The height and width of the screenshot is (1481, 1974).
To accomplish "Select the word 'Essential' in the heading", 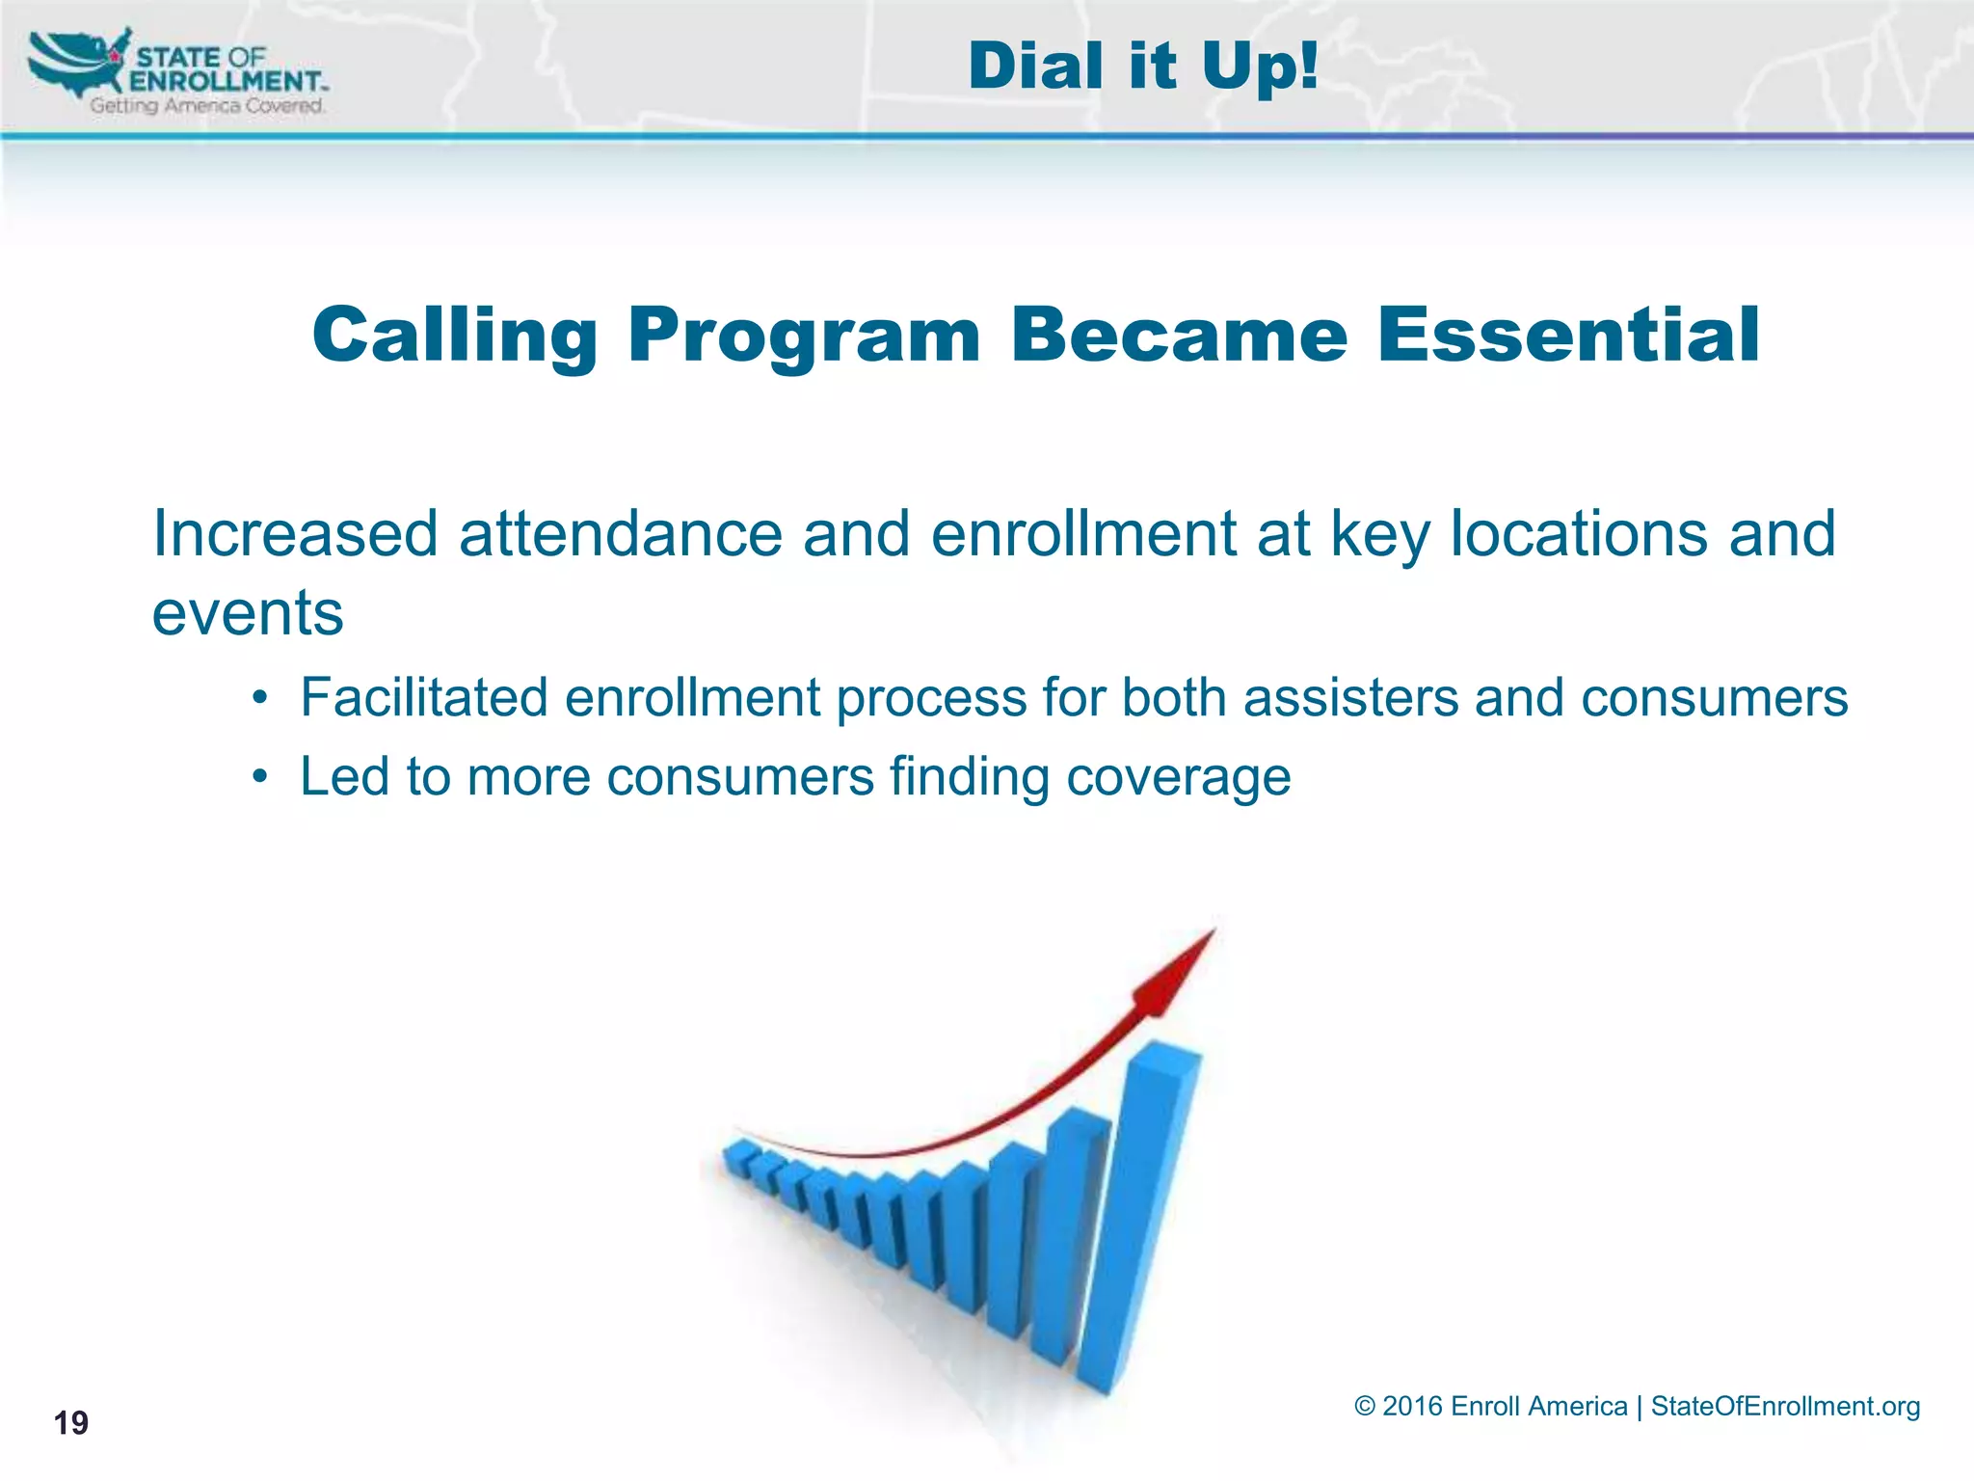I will click(1568, 334).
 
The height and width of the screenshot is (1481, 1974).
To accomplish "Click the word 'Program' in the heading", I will click(804, 336).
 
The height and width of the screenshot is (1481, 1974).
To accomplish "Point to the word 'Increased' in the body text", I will click(295, 533).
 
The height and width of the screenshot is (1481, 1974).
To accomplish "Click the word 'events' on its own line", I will click(248, 613).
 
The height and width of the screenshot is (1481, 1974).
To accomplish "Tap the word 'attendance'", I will click(621, 533).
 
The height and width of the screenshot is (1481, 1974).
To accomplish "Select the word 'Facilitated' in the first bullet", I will click(424, 697).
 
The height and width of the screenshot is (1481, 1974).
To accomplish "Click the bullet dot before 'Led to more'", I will click(258, 777).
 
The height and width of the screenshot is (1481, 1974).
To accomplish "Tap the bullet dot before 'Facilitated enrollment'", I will click(258, 697).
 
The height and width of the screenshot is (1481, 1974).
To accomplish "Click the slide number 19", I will click(70, 1422).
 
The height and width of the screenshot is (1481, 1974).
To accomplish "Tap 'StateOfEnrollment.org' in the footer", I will click(1785, 1406).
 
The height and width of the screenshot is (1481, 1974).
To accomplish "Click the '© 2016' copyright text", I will click(1398, 1406).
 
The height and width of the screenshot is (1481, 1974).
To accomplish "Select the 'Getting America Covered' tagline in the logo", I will click(206, 105).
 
